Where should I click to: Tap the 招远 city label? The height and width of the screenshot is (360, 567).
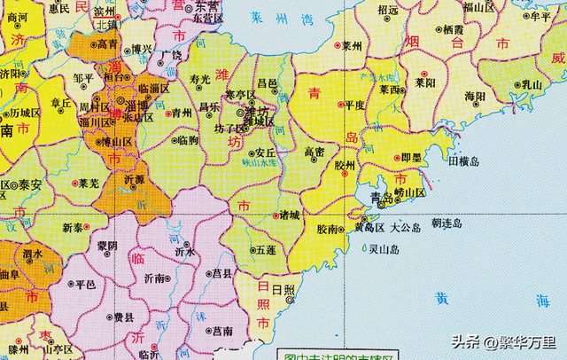388,11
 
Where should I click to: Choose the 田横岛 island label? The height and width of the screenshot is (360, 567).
464,162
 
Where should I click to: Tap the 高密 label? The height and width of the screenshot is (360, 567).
315,152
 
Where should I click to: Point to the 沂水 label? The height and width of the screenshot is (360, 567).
184,251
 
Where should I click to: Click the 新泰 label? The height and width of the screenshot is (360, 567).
74,227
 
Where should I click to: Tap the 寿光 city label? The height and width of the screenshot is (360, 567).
200,80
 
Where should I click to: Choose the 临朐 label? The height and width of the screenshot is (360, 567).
188,139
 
